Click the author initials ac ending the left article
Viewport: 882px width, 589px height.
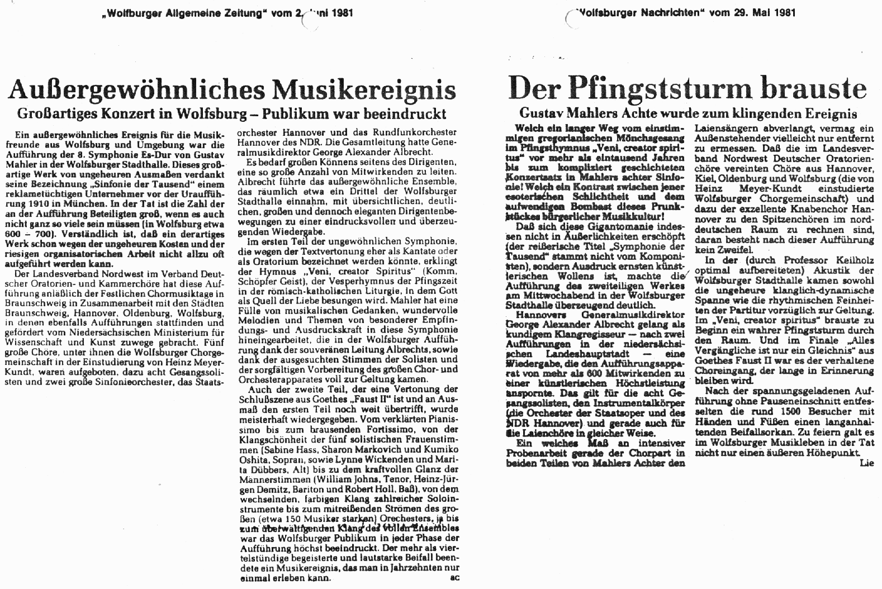click(453, 579)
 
